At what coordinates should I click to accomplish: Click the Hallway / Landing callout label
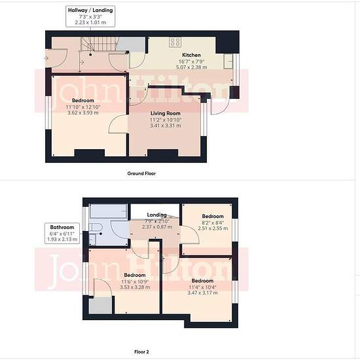point(90,16)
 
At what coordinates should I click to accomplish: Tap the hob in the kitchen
point(175,42)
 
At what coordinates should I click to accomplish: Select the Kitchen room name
point(191,55)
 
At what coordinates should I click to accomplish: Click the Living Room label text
point(166,113)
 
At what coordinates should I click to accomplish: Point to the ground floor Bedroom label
point(83,100)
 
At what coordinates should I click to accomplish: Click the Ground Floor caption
point(141,173)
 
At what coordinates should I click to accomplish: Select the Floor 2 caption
point(141,351)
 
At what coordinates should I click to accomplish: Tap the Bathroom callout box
point(62,233)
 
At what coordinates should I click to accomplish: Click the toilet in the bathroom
point(96,228)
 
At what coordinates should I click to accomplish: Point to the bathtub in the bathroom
point(108,211)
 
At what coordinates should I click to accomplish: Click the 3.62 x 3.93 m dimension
point(83,113)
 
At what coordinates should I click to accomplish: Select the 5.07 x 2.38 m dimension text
point(192,67)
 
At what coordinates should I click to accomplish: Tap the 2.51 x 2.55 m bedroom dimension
point(213,228)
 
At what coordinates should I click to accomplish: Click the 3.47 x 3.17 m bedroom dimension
point(202,293)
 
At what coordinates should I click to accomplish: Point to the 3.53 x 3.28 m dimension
point(135,287)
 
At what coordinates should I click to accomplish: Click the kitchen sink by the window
point(228,62)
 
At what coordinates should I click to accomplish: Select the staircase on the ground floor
point(99,44)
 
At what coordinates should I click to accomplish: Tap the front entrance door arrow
point(46,58)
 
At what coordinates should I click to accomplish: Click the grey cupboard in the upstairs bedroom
point(100,306)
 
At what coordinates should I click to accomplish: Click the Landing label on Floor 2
point(157,215)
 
